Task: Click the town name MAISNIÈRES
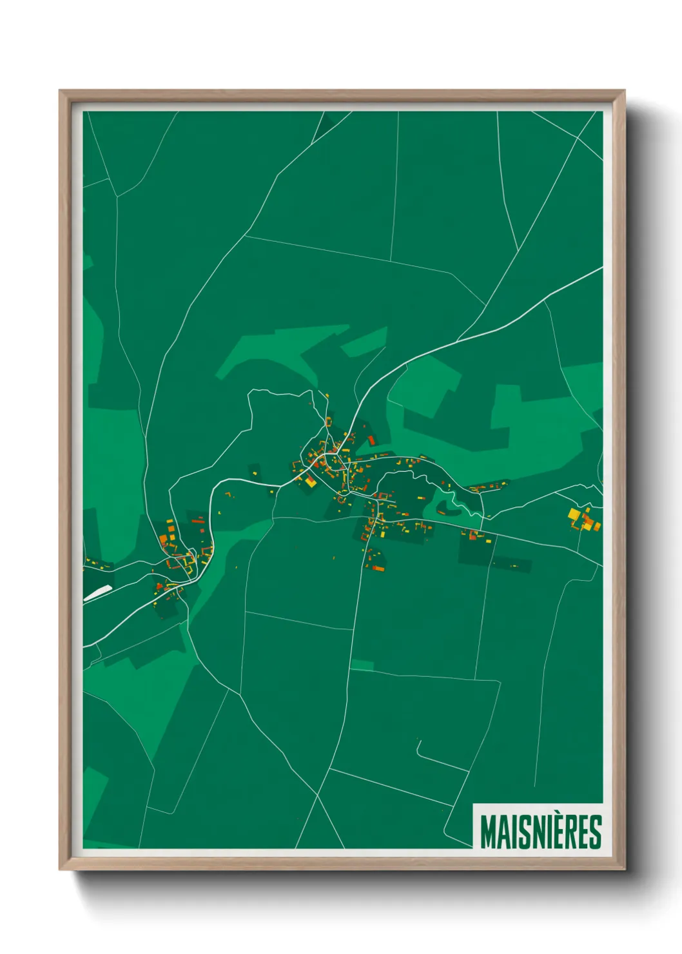(540, 832)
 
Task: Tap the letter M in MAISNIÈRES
(489, 832)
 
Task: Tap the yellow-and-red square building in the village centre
(311, 482)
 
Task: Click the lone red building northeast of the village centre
(371, 440)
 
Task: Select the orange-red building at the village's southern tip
(377, 568)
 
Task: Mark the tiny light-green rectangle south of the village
(362, 665)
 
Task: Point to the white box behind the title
(538, 826)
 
